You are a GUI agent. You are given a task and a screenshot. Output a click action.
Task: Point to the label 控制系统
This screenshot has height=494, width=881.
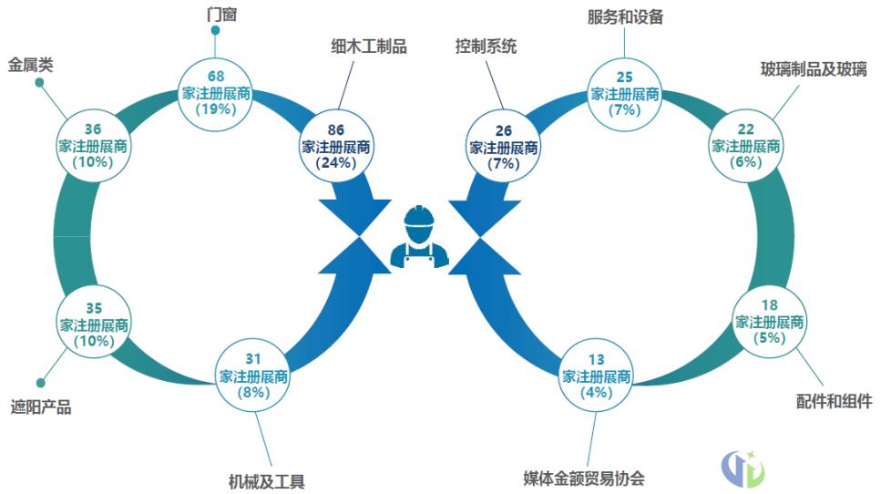[486, 46]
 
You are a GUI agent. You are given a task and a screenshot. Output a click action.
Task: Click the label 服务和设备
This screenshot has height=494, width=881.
[624, 15]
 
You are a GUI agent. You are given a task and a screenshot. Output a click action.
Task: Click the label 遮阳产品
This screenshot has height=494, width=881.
[40, 407]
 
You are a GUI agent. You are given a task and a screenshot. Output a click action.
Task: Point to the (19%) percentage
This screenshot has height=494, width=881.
[216, 108]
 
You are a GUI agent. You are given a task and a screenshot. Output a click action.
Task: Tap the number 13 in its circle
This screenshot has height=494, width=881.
[597, 359]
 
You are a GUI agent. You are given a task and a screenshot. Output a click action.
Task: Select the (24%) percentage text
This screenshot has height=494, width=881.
[335, 163]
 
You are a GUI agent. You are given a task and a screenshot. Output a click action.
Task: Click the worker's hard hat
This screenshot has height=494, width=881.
[419, 216]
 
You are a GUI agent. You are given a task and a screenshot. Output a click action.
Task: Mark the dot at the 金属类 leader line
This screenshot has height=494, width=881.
[39, 83]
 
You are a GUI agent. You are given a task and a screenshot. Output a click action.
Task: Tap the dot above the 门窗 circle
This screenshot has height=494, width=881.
[216, 30]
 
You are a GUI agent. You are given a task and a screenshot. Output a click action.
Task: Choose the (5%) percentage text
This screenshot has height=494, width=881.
[769, 339]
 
